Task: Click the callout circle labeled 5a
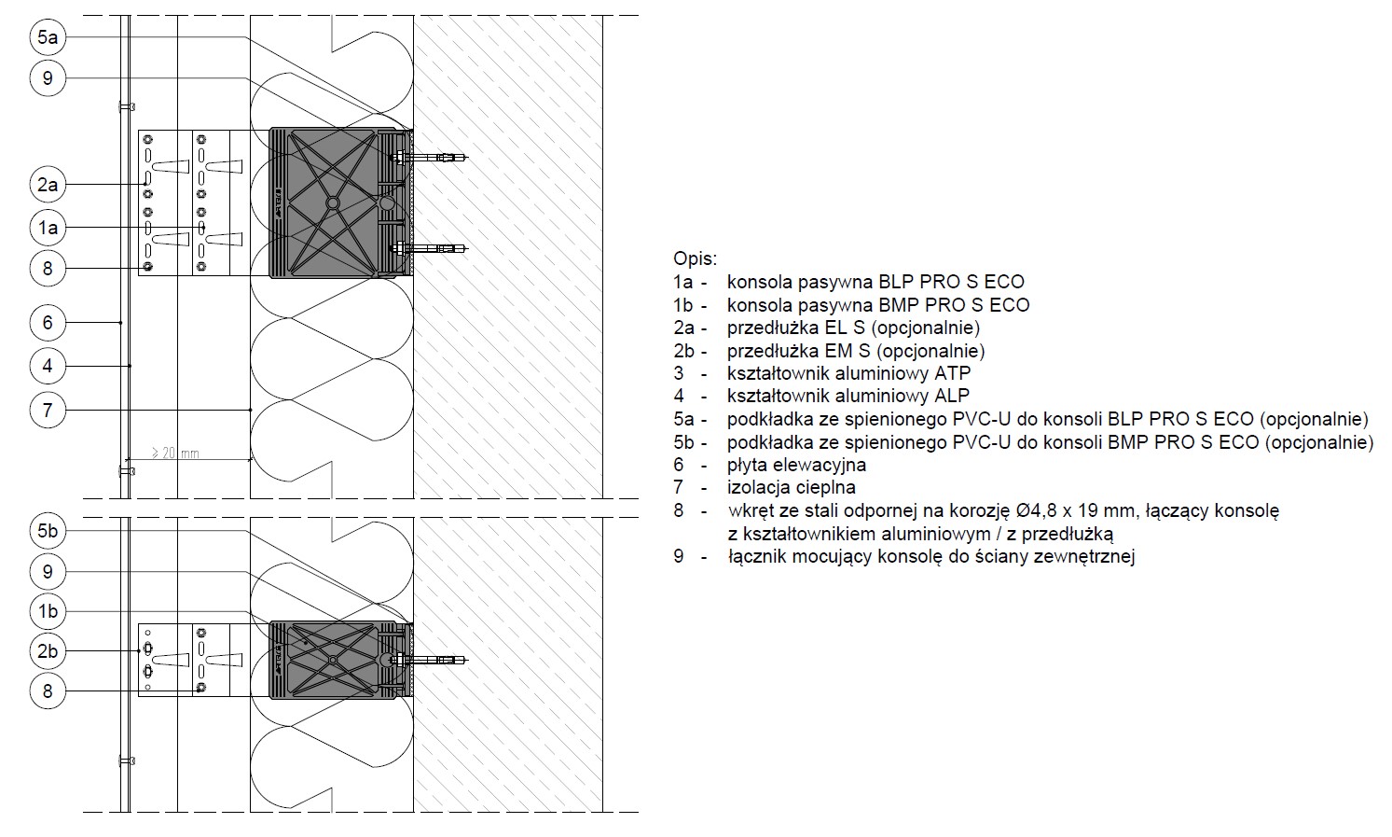coord(48,37)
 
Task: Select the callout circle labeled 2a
coord(48,184)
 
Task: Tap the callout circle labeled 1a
coord(48,228)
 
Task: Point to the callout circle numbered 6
coord(48,322)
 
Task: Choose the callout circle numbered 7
coord(48,410)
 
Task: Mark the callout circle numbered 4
coord(48,366)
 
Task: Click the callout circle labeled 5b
coord(48,531)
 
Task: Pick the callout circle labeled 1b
coord(48,611)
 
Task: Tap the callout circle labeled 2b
coord(48,651)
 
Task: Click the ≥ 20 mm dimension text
coord(176,453)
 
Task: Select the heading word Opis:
coord(695,258)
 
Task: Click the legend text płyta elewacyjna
coord(796,465)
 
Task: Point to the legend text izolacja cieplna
coord(792,487)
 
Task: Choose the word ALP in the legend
coord(952,396)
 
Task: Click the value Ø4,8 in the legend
coord(1037,511)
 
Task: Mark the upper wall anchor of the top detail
coord(429,158)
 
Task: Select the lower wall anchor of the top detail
coord(429,249)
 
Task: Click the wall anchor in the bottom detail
coord(429,660)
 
